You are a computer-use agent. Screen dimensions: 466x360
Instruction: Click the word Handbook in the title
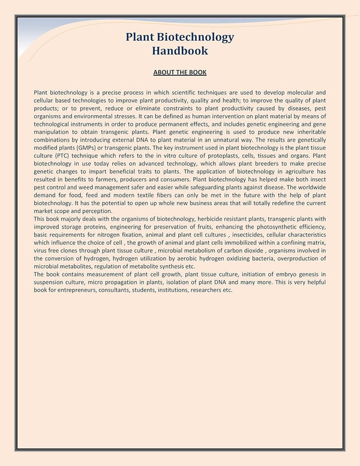[179, 51]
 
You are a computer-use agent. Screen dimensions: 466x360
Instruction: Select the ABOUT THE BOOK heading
[179, 73]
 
